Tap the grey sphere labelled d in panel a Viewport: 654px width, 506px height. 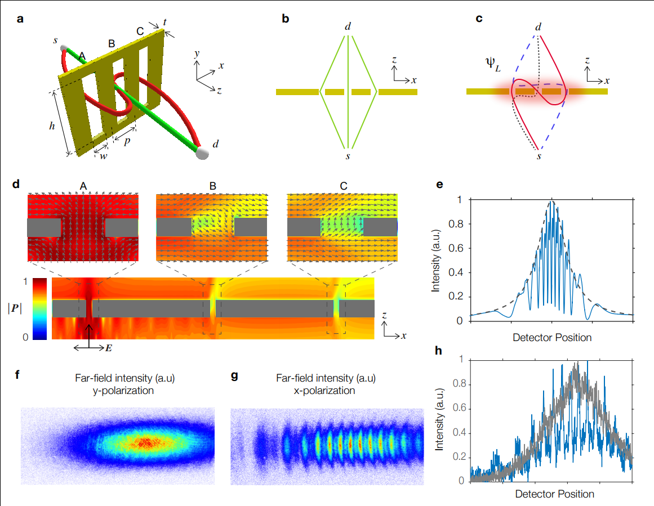pyautogui.click(x=202, y=153)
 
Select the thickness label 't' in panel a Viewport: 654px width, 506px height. pyautogui.click(x=164, y=22)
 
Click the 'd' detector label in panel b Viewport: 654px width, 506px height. pyautogui.click(x=349, y=26)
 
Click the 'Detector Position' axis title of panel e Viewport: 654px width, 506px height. pyautogui.click(x=552, y=338)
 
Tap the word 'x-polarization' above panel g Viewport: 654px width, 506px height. pyautogui.click(x=327, y=390)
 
